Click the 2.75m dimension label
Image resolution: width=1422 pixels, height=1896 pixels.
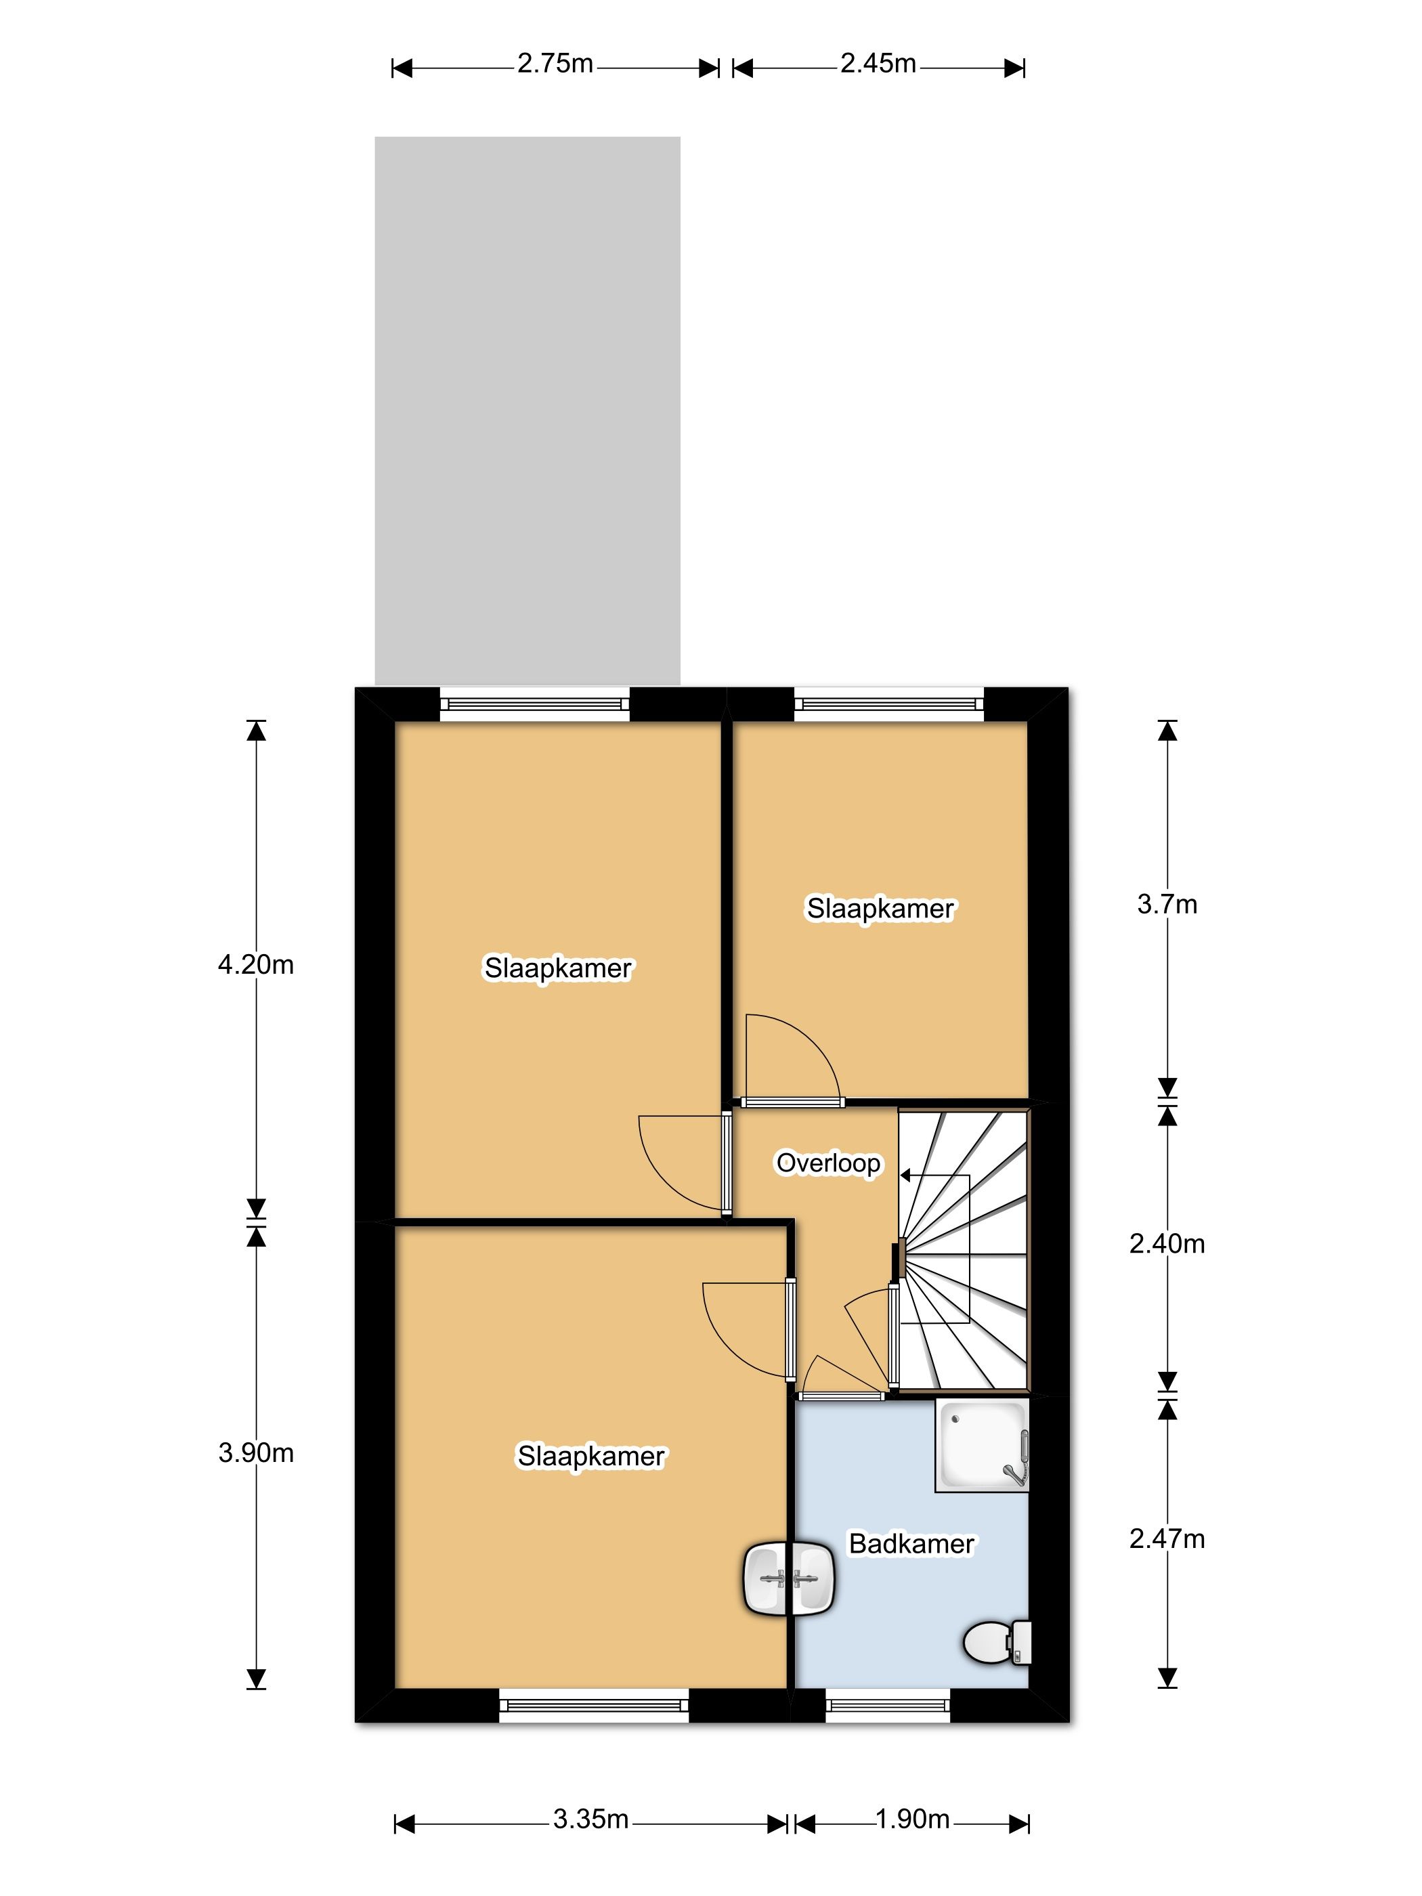(555, 64)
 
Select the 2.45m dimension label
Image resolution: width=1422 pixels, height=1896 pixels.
(878, 64)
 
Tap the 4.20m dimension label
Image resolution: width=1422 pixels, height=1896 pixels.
(255, 964)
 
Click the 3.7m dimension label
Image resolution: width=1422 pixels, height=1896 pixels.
(1167, 903)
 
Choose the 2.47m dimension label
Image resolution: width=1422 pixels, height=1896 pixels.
(1167, 1538)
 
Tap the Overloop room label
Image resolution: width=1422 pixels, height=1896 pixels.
(828, 1163)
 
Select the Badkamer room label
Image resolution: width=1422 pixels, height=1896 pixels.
(911, 1544)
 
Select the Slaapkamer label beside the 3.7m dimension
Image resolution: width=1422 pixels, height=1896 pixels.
(880, 909)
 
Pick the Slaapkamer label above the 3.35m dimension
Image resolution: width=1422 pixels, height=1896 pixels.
(590, 1457)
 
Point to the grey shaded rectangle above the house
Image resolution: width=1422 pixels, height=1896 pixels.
(527, 410)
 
